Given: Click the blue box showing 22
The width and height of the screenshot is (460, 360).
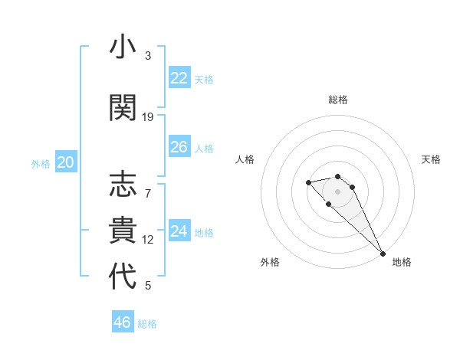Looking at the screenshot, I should pyautogui.click(x=179, y=78).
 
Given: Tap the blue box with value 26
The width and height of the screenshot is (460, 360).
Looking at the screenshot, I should pyautogui.click(x=179, y=147).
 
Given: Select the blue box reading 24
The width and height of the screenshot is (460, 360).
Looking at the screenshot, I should pyautogui.click(x=179, y=231).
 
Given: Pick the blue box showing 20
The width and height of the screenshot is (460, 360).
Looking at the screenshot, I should pyautogui.click(x=66, y=162).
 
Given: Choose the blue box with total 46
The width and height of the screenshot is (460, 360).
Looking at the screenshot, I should pyautogui.click(x=123, y=322).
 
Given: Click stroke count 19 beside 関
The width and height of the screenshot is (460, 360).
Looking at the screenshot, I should pyautogui.click(x=148, y=117).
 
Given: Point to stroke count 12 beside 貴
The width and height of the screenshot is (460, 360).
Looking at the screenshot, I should pyautogui.click(x=148, y=240).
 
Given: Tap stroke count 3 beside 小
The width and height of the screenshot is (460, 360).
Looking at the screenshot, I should pyautogui.click(x=148, y=56).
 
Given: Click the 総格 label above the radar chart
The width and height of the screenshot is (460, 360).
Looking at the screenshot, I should pyautogui.click(x=338, y=100).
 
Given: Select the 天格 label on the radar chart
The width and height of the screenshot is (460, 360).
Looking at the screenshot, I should pyautogui.click(x=431, y=159).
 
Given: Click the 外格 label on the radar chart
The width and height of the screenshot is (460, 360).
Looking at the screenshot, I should pyautogui.click(x=269, y=262).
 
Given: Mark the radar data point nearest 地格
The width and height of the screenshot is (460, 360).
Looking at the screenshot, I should pyautogui.click(x=383, y=253).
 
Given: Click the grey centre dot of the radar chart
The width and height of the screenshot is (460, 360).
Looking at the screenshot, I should pyautogui.click(x=337, y=191).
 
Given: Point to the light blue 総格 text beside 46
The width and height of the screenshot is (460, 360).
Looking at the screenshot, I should pyautogui.click(x=147, y=324).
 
